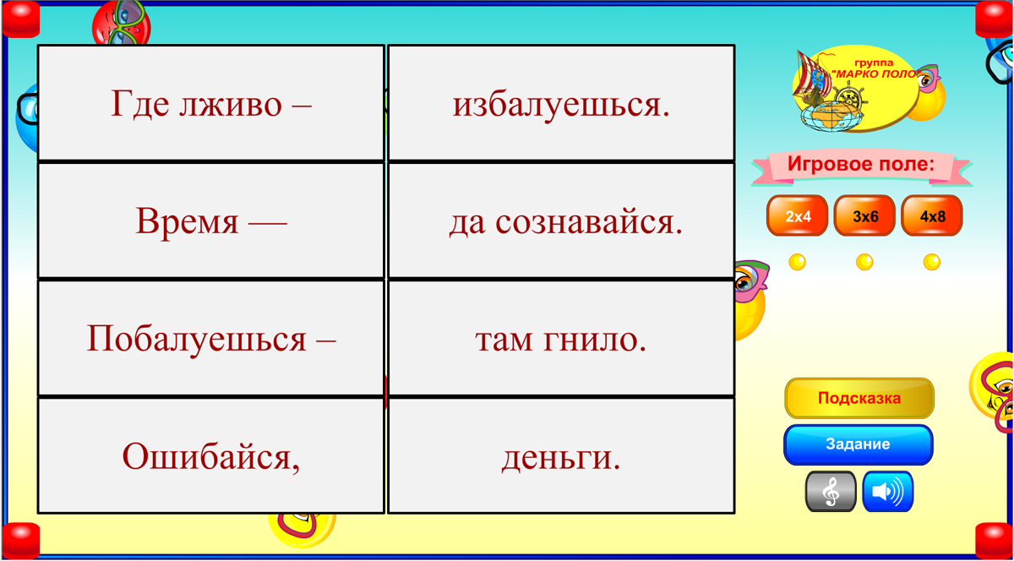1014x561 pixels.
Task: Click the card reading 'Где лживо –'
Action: coord(211,103)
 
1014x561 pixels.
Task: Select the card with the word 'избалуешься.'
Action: coord(561,103)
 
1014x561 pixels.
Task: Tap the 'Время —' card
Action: coord(211,221)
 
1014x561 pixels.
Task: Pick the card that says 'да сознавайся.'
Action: coord(561,221)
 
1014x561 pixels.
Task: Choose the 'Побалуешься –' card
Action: coord(211,338)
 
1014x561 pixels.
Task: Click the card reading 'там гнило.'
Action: coord(561,338)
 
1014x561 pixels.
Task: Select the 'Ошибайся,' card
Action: coord(211,455)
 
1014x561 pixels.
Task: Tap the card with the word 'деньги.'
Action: coord(561,455)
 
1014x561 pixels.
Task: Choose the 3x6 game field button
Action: coord(864,216)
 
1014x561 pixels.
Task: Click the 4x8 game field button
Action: coord(932,216)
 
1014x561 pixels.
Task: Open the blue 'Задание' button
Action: coord(858,444)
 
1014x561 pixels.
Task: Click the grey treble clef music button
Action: coord(831,492)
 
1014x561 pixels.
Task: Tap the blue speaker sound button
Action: coord(887,492)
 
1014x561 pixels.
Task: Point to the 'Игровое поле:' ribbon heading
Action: coord(861,165)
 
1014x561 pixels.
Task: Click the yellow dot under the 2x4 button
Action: coord(797,262)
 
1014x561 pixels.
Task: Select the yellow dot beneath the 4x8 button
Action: coord(932,262)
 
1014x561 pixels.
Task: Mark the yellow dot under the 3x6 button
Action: coord(864,262)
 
